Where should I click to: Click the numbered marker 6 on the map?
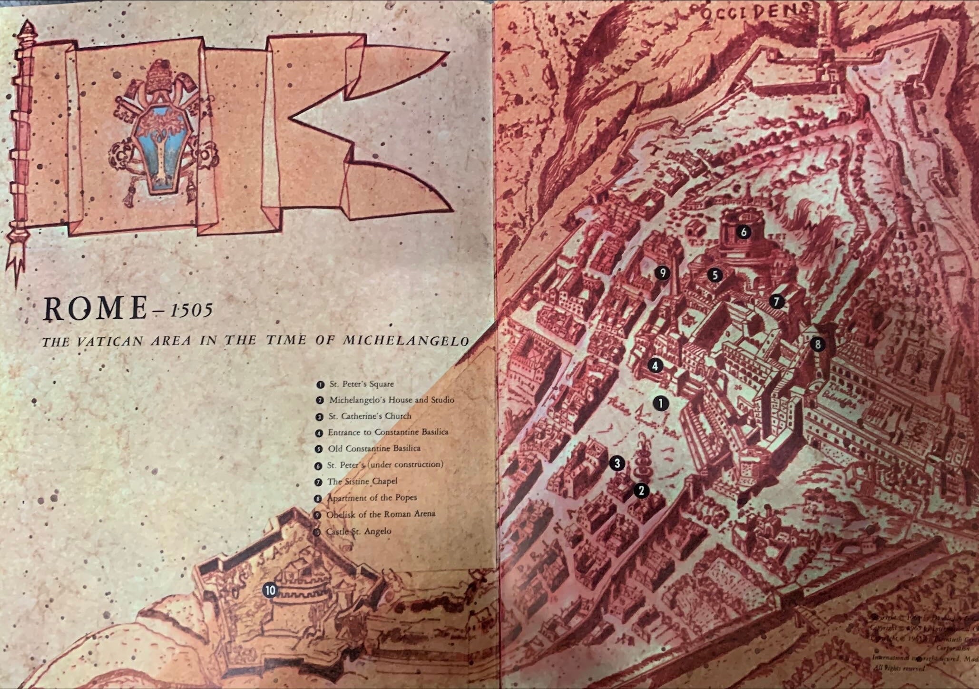point(743,232)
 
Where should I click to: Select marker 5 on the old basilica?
point(715,275)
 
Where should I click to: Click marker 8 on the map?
point(818,344)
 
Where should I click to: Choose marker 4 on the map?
point(655,366)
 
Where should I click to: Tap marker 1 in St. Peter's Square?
point(661,403)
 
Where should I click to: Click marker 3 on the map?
point(617,463)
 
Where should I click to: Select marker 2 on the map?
point(641,491)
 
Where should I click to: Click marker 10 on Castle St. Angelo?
point(270,591)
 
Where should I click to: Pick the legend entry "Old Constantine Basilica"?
point(374,448)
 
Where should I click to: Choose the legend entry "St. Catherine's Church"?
point(370,416)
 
